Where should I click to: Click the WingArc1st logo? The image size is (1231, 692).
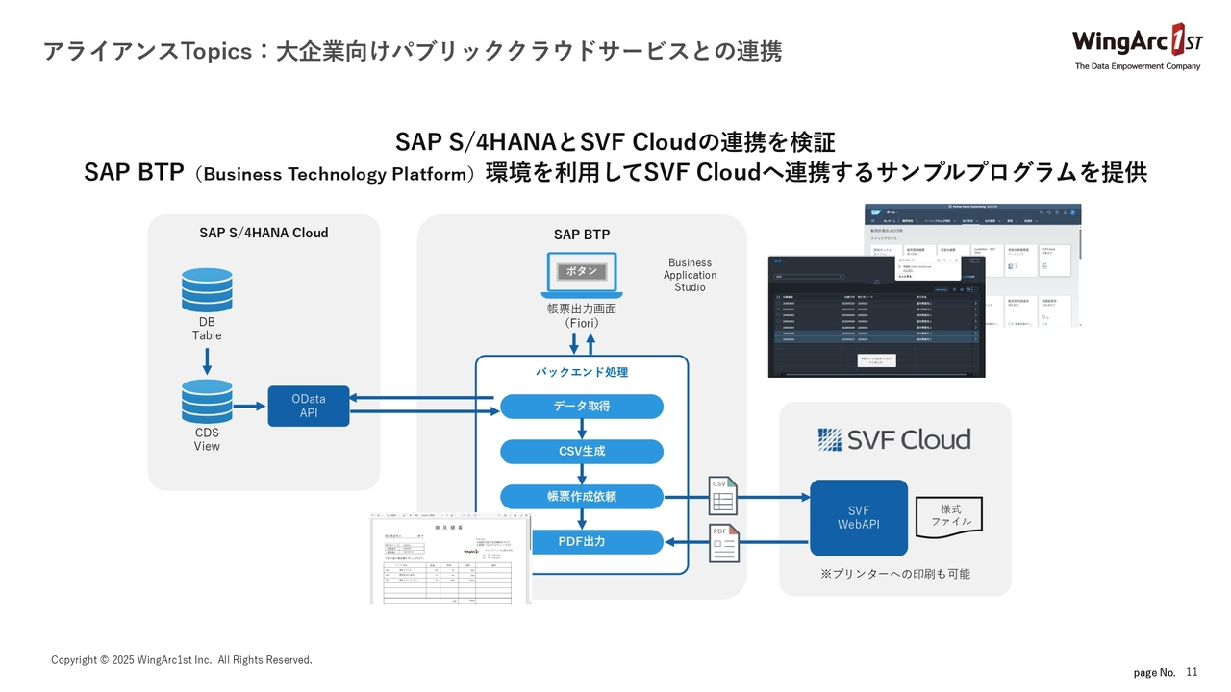(1136, 45)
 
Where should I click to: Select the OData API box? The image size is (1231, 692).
(309, 406)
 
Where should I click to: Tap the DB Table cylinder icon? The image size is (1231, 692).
(207, 289)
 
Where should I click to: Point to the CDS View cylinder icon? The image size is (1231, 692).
(207, 402)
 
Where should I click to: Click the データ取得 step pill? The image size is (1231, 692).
(582, 407)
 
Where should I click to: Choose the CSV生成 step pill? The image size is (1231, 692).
(582, 452)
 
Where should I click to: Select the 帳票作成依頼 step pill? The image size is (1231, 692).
(582, 497)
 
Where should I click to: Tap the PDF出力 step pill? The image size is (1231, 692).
(582, 542)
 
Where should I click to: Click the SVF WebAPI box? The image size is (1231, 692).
(859, 517)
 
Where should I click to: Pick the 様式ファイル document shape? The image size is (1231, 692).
(950, 515)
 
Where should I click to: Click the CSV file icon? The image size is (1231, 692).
(722, 495)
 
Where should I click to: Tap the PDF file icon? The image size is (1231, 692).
(723, 543)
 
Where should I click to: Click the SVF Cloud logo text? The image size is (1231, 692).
(894, 439)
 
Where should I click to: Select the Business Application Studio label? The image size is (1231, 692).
(690, 275)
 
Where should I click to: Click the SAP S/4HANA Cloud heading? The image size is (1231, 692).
(264, 233)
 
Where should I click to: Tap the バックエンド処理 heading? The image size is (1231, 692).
(582, 372)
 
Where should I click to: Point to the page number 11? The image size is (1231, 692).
(1193, 670)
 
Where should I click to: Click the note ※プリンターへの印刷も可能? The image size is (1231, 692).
(894, 574)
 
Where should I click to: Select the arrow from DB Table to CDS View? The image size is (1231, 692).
(207, 361)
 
